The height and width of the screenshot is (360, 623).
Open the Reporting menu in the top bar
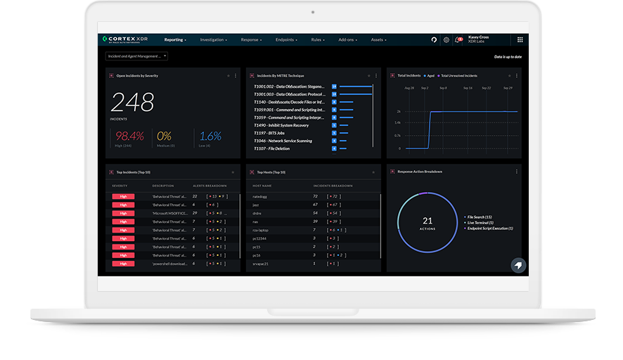pyautogui.click(x=175, y=40)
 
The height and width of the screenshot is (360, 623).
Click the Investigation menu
pyautogui.click(x=213, y=40)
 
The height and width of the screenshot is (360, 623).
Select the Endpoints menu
pyautogui.click(x=286, y=40)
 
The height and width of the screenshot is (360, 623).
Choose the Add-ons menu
pyautogui.click(x=348, y=40)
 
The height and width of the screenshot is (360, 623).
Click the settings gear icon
pyautogui.click(x=447, y=40)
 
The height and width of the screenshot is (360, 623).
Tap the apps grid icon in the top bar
pyautogui.click(x=520, y=40)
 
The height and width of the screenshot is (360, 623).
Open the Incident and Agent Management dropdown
pyautogui.click(x=136, y=56)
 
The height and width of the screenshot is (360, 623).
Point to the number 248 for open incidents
pyautogui.click(x=132, y=103)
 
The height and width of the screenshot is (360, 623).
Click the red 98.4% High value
pyautogui.click(x=129, y=136)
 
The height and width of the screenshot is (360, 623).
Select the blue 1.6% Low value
pyautogui.click(x=210, y=136)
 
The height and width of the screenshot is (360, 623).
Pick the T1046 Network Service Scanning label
pyautogui.click(x=283, y=141)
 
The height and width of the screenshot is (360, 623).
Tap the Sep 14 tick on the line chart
pyautogui.click(x=467, y=88)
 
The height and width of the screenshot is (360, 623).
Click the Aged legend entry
pyautogui.click(x=431, y=75)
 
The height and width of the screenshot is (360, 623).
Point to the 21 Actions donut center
pyautogui.click(x=428, y=223)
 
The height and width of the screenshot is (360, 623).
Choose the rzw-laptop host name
pyautogui.click(x=260, y=230)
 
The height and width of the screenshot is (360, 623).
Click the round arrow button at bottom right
pyautogui.click(x=518, y=265)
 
